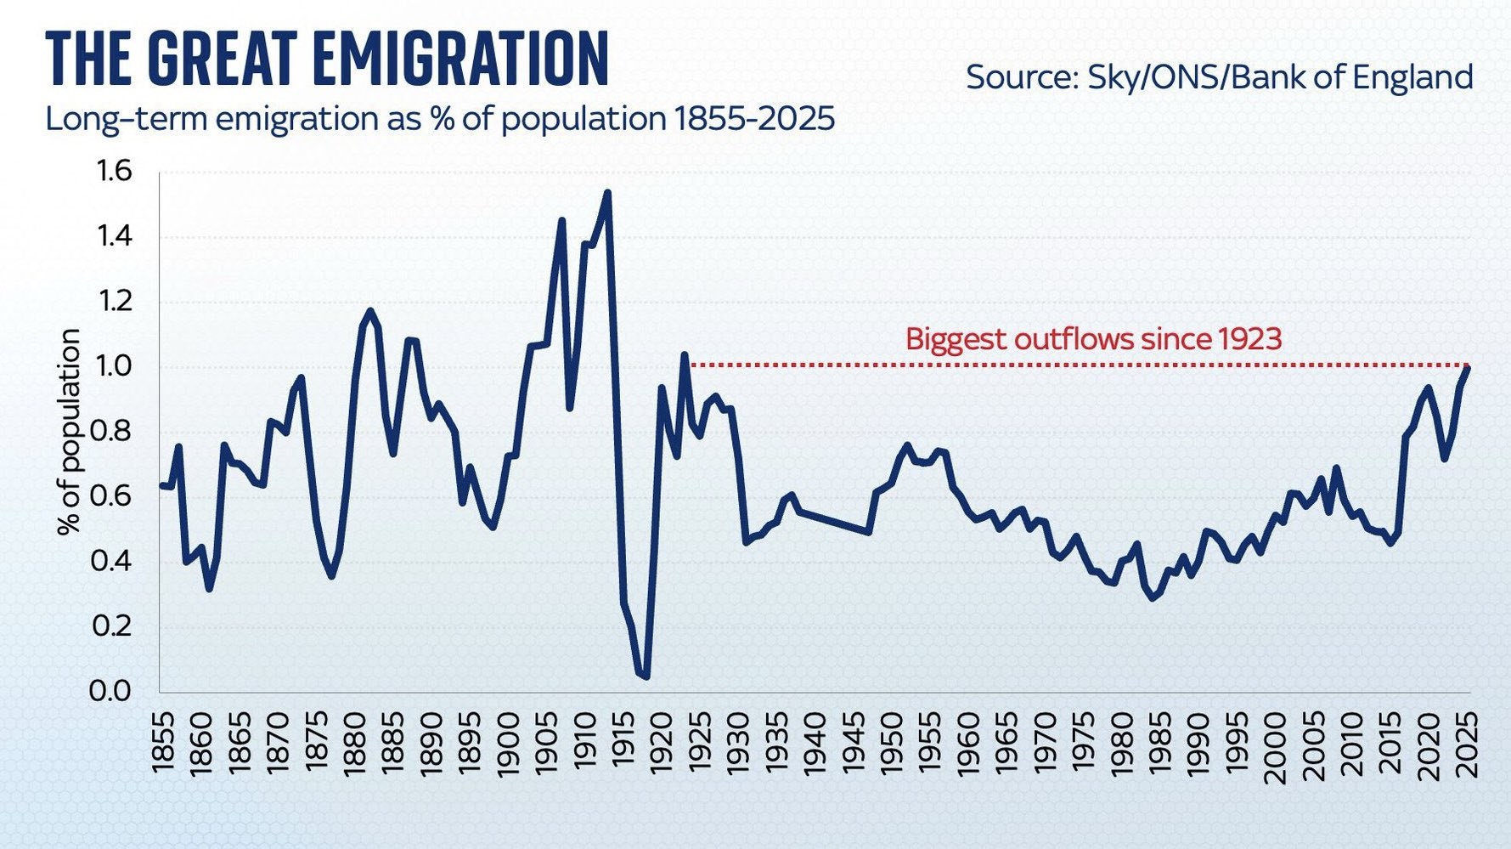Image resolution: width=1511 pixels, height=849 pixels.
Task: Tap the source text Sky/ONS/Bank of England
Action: [x=1219, y=77]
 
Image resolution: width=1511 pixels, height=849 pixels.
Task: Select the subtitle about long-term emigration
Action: [x=439, y=119]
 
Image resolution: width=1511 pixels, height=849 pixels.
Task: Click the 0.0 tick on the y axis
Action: [x=111, y=690]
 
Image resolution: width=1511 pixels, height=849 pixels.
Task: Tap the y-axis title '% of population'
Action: [x=70, y=432]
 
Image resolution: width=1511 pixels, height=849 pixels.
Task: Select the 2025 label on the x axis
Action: [x=1468, y=742]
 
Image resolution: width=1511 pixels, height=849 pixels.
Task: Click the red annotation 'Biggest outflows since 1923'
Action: [x=1093, y=339]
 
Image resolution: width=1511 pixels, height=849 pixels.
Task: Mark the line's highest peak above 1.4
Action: [x=607, y=193]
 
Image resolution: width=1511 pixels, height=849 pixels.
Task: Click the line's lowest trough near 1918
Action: [x=646, y=676]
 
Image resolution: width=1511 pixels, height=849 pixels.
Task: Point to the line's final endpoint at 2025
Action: [x=1468, y=367]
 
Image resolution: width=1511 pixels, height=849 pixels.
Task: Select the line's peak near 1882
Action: [x=369, y=311]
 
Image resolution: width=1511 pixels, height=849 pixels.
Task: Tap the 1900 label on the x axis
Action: [x=507, y=742]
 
